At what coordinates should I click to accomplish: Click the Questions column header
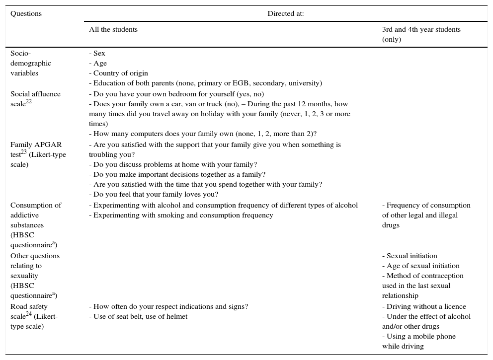click(x=26, y=14)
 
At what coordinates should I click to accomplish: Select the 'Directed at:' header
click(x=286, y=14)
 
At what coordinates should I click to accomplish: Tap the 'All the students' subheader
click(x=113, y=30)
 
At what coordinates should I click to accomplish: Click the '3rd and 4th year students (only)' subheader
click(x=421, y=34)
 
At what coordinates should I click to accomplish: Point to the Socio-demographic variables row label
click(x=31, y=63)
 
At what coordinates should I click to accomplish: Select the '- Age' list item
click(x=98, y=64)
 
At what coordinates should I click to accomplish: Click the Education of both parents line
click(x=205, y=83)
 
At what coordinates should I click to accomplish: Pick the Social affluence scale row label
click(x=35, y=99)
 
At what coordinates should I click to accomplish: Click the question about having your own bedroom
click(x=176, y=94)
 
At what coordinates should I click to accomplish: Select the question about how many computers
click(x=203, y=134)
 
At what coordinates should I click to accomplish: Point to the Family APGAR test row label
click(x=38, y=154)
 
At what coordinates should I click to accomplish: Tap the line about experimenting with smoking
click(x=181, y=216)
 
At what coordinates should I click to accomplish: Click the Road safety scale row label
click(x=35, y=316)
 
